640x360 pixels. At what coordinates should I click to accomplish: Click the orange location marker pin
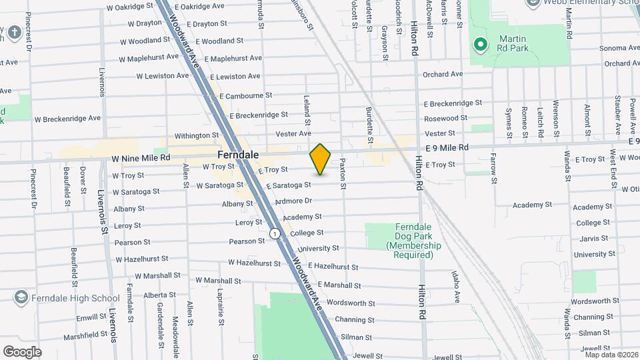click(x=320, y=159)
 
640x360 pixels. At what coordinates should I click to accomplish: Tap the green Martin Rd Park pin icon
click(x=479, y=45)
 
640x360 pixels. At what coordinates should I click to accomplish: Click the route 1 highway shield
click(x=275, y=233)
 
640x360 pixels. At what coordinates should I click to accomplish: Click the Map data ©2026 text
click(x=610, y=354)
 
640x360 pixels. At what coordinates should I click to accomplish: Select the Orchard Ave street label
click(x=442, y=74)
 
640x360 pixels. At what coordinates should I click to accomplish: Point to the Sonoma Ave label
click(x=619, y=48)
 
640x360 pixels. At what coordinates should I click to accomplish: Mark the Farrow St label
click(x=494, y=167)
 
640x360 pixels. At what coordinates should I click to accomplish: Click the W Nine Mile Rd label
click(x=141, y=158)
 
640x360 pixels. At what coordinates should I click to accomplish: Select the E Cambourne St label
click(x=245, y=96)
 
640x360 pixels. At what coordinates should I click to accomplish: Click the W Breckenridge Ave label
click(x=67, y=119)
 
